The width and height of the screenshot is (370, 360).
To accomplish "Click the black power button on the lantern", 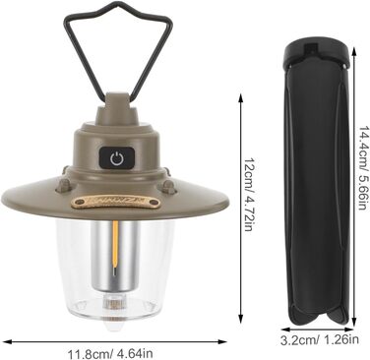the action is coord(117,158).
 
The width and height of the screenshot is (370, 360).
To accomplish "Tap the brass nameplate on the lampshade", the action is coord(116,203).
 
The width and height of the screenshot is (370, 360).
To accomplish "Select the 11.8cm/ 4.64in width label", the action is coord(110,354).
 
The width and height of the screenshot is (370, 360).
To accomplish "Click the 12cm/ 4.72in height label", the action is coord(249,195).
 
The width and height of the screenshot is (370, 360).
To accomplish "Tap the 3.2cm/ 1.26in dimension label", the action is coord(320,340).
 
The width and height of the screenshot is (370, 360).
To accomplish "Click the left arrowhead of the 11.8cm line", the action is coord(5,341).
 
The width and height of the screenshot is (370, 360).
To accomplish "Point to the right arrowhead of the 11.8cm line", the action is coord(223,341).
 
